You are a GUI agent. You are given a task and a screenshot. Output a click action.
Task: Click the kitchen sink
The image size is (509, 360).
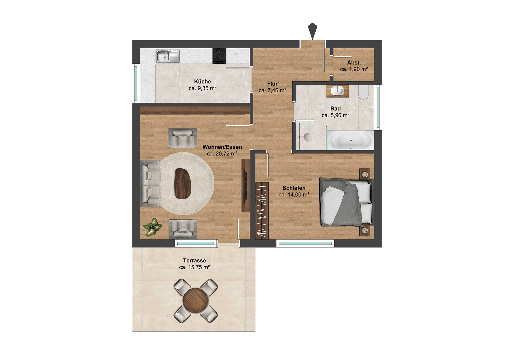point(167,56)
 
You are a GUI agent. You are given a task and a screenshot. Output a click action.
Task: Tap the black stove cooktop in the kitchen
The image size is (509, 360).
point(219,56)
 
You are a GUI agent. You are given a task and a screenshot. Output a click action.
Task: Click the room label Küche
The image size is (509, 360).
point(202,82)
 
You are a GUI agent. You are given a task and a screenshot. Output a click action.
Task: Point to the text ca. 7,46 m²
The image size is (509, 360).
point(272,90)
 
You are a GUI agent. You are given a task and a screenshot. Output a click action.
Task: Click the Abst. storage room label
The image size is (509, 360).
point(354,63)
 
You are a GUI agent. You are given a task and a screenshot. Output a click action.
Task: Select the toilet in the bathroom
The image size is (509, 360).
point(363,92)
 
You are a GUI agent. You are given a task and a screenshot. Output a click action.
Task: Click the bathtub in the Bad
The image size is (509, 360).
point(350,140)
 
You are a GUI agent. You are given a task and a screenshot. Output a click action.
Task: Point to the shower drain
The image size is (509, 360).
point(307,136)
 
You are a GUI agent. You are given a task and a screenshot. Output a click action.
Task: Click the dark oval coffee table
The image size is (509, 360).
point(183,184)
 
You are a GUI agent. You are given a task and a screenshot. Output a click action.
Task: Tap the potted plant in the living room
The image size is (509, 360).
point(153,227)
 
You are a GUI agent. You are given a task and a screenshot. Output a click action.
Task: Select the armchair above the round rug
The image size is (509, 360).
point(182,138)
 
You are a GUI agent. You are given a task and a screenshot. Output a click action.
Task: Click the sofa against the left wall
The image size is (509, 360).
point(150,184)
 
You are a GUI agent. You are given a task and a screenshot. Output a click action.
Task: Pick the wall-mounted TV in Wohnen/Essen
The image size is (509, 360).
point(245,185)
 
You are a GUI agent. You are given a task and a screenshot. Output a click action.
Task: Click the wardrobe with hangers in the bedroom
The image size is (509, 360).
point(262,211)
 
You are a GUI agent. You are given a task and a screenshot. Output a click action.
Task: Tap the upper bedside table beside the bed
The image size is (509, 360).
point(365,174)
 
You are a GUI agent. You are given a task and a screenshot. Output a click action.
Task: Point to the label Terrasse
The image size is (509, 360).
point(194,261)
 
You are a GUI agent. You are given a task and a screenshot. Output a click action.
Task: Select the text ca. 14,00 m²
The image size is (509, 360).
point(294,195)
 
